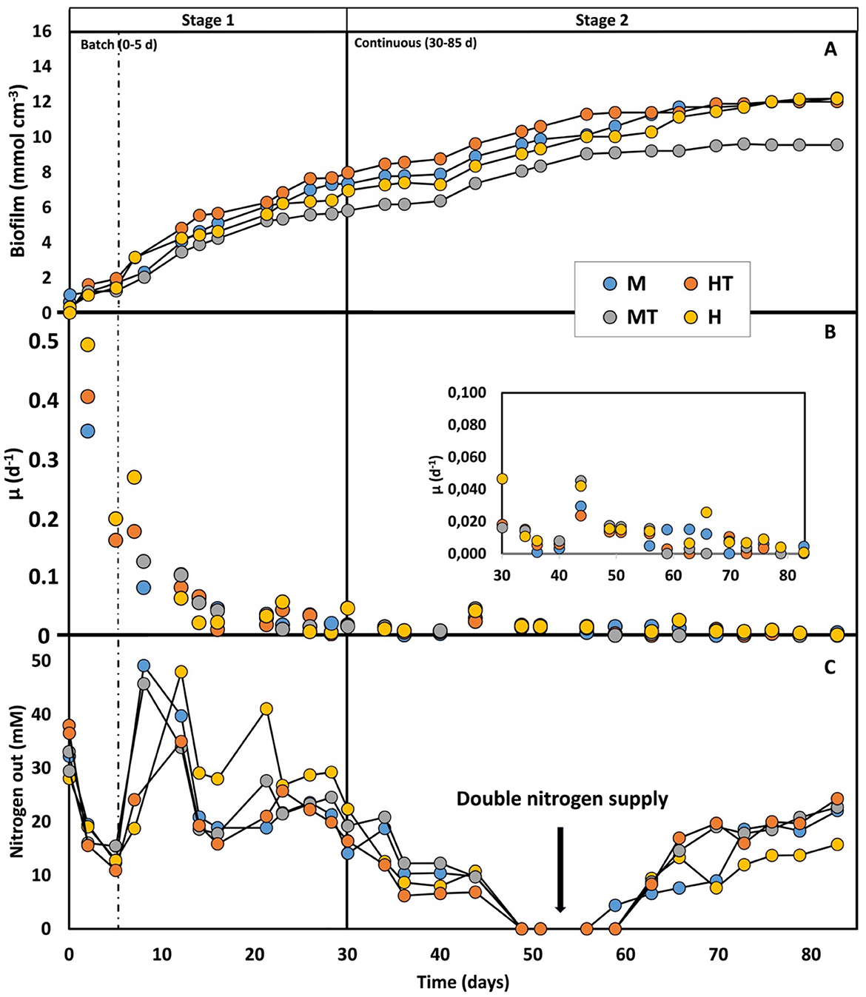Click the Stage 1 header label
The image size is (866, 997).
pyautogui.click(x=207, y=20)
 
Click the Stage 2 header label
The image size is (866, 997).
pyautogui.click(x=601, y=20)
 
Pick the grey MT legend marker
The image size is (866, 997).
pyautogui.click(x=610, y=318)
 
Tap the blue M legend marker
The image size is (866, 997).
pyautogui.click(x=610, y=283)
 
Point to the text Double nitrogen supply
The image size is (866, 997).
pyautogui.click(x=562, y=799)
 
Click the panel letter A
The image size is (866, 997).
pyautogui.click(x=830, y=50)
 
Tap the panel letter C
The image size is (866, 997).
pyautogui.click(x=830, y=667)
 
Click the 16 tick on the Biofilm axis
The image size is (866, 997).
pyautogui.click(x=42, y=31)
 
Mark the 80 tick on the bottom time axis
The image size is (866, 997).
pyautogui.click(x=810, y=955)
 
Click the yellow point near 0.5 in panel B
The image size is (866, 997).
pyautogui.click(x=87, y=345)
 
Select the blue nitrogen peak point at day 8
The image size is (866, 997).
pyautogui.click(x=144, y=666)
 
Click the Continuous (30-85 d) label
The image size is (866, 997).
pyautogui.click(x=415, y=43)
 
